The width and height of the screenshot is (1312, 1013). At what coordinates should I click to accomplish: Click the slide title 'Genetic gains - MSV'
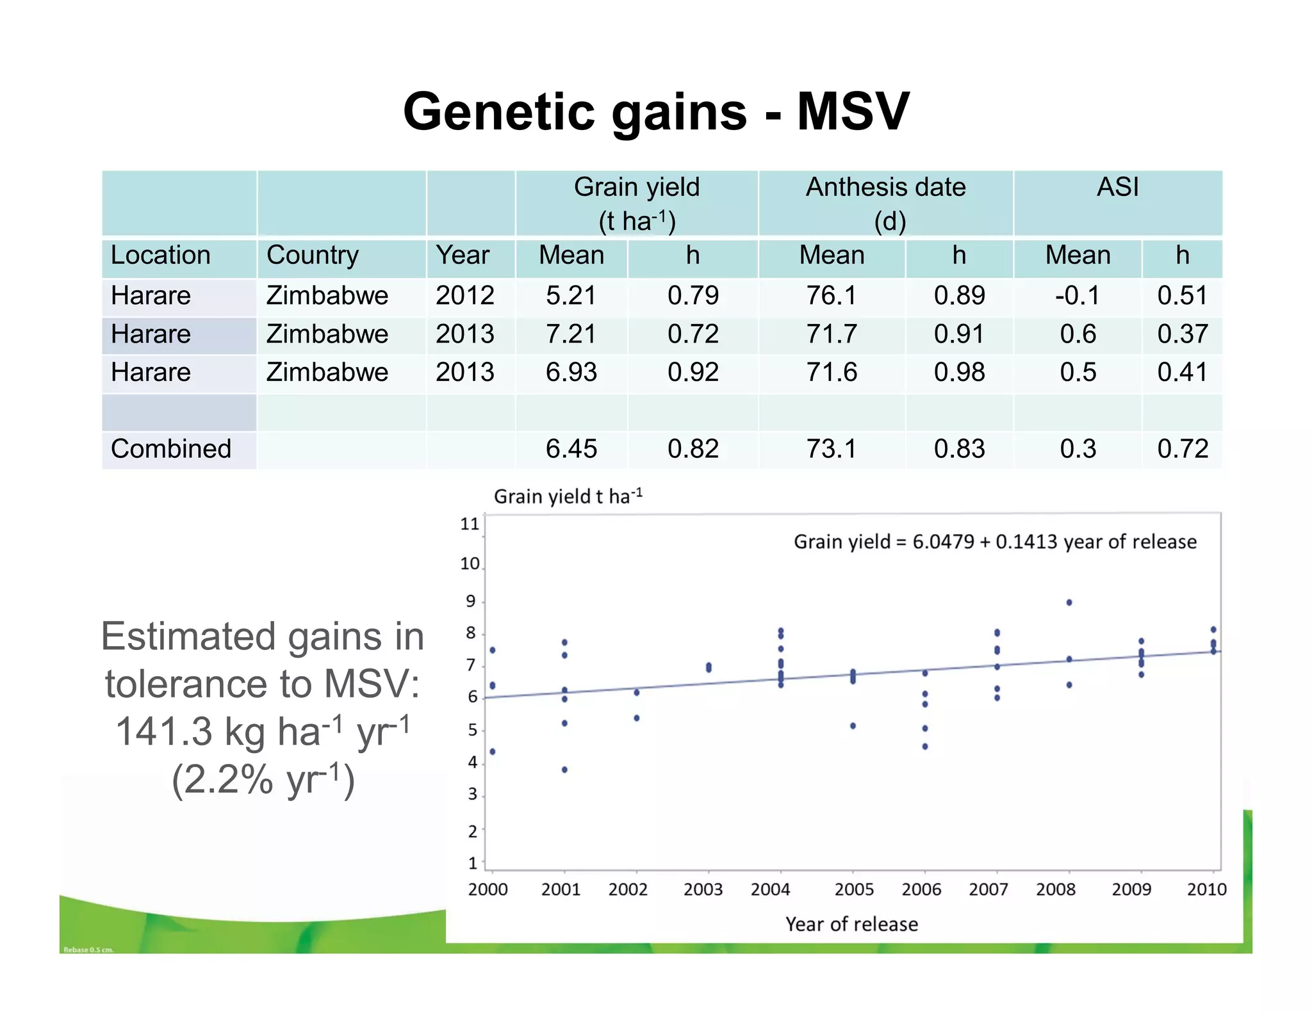pos(656,111)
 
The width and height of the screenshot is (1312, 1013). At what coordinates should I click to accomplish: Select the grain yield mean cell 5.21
pos(571,296)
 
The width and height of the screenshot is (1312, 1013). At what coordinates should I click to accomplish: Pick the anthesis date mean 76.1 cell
pos(831,296)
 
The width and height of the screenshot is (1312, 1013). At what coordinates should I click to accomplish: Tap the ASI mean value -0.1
pos(1077,296)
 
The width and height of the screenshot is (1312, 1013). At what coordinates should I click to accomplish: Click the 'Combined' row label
pos(170,449)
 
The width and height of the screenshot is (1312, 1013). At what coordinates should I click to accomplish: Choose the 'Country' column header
pos(312,255)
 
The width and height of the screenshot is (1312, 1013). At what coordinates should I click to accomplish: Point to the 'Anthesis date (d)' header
pos(885,203)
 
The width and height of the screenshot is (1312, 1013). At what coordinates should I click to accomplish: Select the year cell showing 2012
pos(464,296)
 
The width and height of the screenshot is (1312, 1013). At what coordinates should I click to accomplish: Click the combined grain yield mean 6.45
pos(571,449)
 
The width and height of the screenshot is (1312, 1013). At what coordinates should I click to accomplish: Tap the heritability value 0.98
pos(958,373)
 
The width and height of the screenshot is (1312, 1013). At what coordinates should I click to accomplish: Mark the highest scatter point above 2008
pos(1069,603)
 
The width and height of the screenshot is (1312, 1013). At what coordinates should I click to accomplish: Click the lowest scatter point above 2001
pos(564,770)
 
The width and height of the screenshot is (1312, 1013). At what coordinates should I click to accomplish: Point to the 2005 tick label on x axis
pos(853,889)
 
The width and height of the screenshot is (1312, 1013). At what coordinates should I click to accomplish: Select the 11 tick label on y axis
pos(470,524)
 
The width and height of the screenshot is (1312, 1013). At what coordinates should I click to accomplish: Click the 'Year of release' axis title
pos(851,924)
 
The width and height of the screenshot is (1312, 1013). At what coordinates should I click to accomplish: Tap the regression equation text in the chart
pos(994,542)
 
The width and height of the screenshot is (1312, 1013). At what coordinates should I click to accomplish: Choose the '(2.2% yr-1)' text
pos(263,780)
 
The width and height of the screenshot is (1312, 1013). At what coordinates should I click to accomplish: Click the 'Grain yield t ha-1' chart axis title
pos(568,496)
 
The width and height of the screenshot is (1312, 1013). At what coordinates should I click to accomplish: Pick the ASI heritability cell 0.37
pos(1182,334)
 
